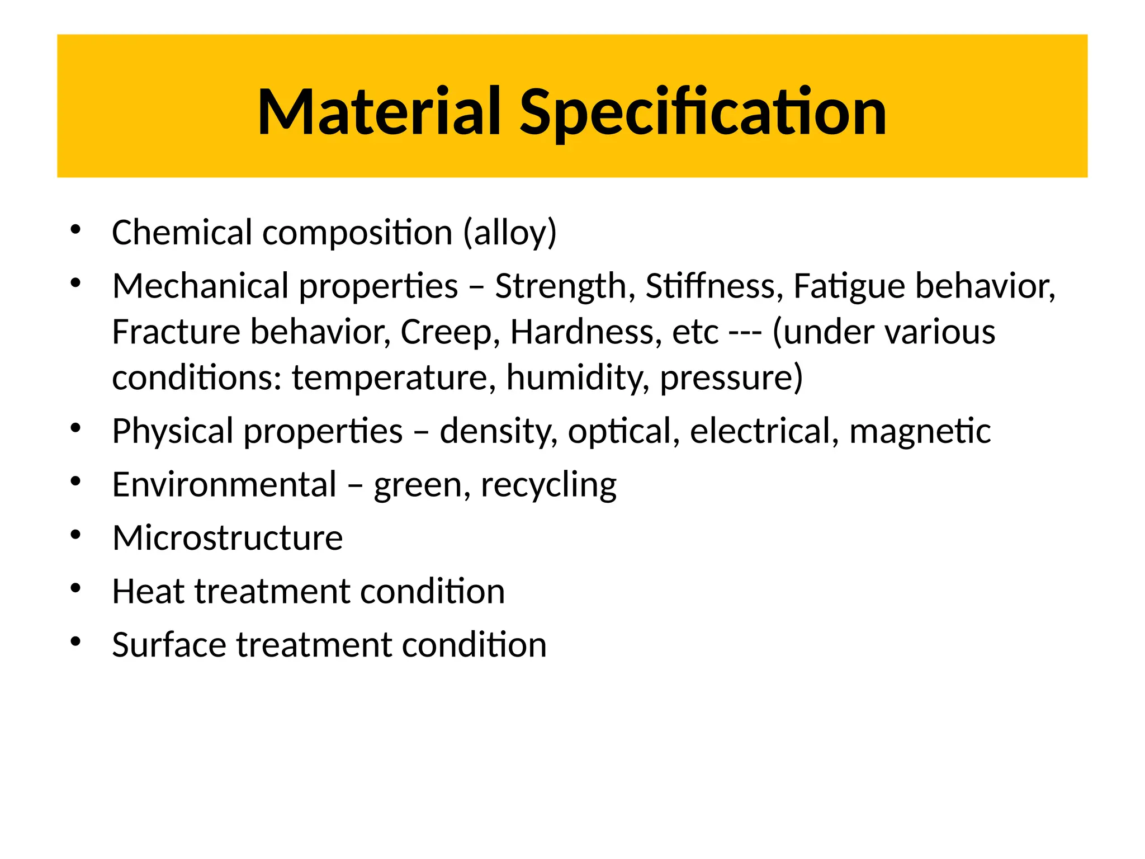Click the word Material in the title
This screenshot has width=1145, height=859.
click(x=378, y=112)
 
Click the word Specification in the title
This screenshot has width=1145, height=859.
click(x=703, y=114)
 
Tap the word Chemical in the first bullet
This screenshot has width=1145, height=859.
click(x=182, y=232)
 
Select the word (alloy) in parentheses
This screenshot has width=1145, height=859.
click(x=510, y=233)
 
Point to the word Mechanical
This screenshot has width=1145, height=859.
click(x=200, y=286)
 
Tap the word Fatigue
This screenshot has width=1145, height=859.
click(x=849, y=287)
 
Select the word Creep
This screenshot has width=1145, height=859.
click(x=450, y=333)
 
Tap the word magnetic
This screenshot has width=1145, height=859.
click(x=920, y=432)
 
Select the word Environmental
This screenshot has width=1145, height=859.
click(x=224, y=484)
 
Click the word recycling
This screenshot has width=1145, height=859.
click(x=548, y=485)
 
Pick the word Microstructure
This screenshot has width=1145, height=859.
click(x=228, y=538)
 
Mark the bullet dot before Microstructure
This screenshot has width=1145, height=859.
click(x=76, y=535)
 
